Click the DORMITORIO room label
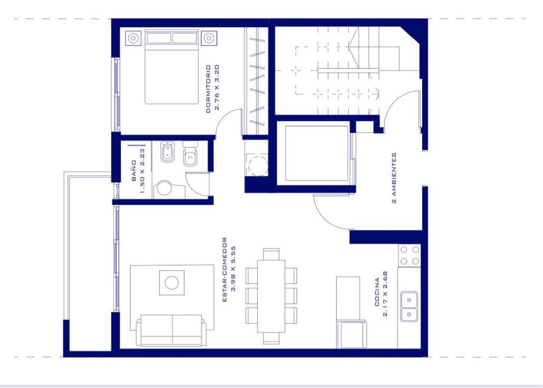(208, 89)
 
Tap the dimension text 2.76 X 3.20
(217, 87)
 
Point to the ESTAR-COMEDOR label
(224, 269)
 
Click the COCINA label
(377, 292)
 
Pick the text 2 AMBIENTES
(394, 178)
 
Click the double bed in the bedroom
(171, 67)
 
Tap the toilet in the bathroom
(190, 153)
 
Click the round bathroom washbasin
(164, 188)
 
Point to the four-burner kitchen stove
(409, 255)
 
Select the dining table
(271, 296)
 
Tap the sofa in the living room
(171, 330)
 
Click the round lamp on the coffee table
(172, 283)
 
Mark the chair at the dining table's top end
(271, 254)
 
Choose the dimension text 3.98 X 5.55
(233, 268)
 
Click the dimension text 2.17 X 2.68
(386, 294)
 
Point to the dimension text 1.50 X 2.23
(142, 171)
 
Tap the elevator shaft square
(316, 153)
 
